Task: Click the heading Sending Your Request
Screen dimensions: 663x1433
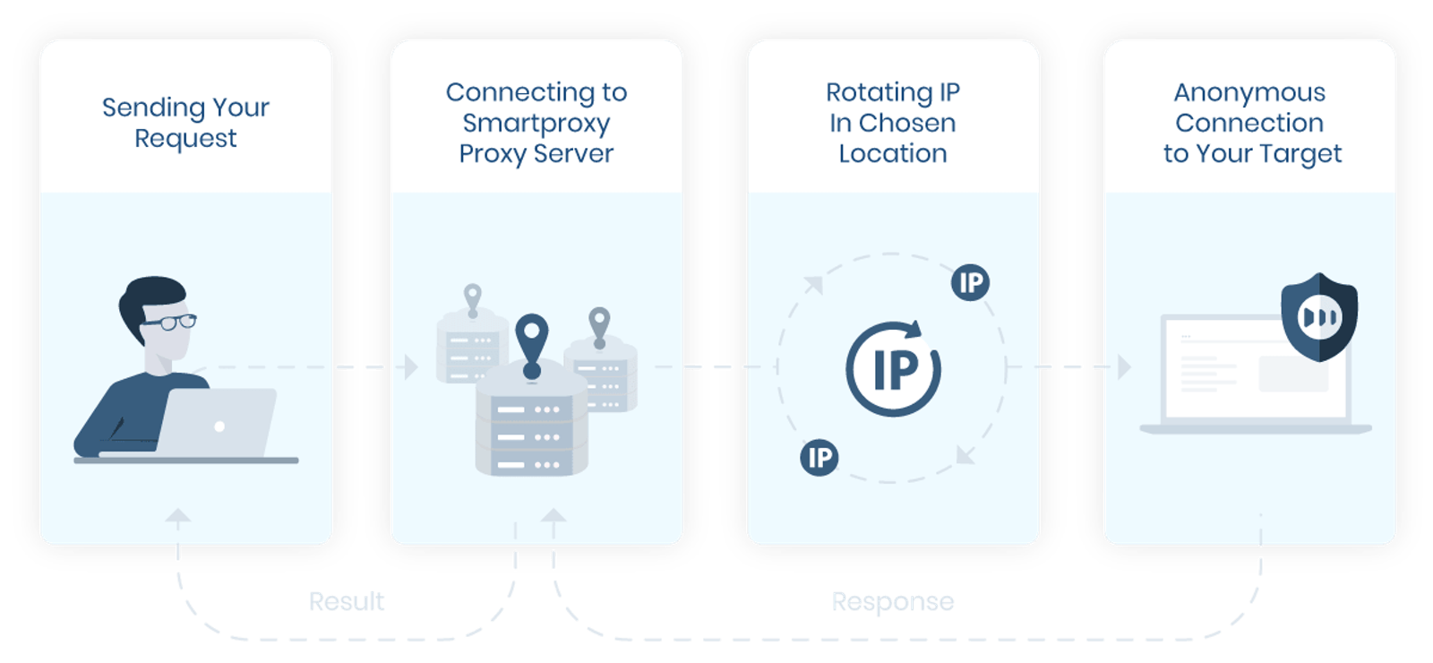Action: [x=185, y=123]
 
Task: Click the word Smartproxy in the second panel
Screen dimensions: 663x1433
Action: [x=536, y=123]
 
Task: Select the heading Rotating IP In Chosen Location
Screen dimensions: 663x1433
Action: [x=892, y=123]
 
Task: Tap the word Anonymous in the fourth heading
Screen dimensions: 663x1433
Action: [x=1249, y=92]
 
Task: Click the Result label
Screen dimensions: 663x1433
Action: [x=347, y=601]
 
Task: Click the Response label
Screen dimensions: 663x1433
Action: [x=892, y=601]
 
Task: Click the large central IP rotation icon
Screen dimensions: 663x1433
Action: [x=893, y=368]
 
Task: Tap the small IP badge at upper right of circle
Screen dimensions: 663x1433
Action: [x=970, y=283]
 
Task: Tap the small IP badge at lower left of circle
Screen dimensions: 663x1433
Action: [x=819, y=458]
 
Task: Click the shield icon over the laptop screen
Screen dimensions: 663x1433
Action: [x=1318, y=316]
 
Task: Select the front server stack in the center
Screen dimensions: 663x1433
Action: [x=531, y=430]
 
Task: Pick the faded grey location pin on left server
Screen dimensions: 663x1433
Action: [x=472, y=298]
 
